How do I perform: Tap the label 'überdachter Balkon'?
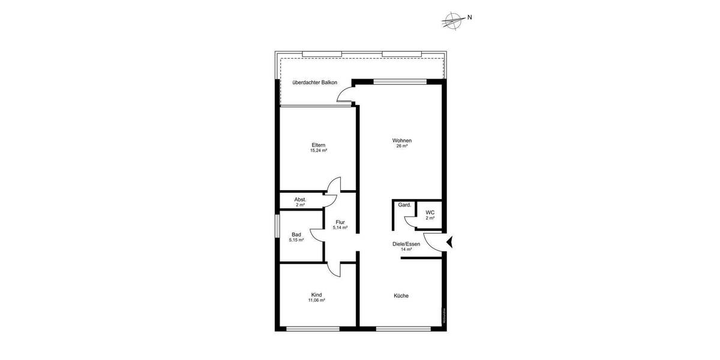(x=314, y=82)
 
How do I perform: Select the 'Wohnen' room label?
(x=402, y=140)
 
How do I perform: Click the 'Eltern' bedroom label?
(x=318, y=145)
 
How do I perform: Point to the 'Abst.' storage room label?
(x=300, y=199)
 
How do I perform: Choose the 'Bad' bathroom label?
(x=296, y=235)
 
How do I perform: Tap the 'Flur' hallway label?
(x=340, y=223)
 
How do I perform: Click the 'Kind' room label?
(x=316, y=295)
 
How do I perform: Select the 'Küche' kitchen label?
(x=401, y=295)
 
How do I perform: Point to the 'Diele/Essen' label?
(x=406, y=244)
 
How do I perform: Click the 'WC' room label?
(x=430, y=212)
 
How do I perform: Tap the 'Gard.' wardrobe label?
(x=404, y=205)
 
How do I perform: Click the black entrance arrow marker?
(x=450, y=242)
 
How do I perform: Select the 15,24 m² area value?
(x=318, y=151)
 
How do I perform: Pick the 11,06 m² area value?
(x=316, y=300)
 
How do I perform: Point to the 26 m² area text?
(x=402, y=146)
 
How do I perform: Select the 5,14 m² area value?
(x=340, y=228)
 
